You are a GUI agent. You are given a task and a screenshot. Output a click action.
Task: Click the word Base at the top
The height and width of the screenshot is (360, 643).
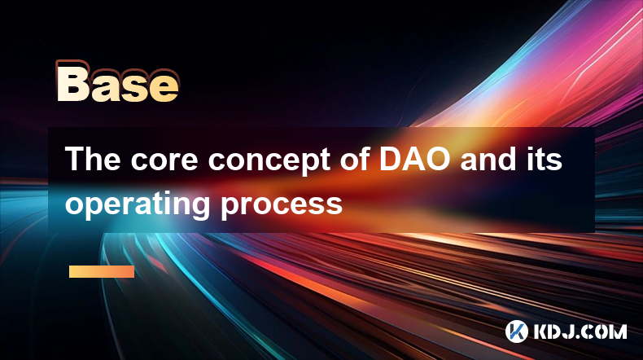point(118,82)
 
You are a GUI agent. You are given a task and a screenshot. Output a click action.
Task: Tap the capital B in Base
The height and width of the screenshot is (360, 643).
point(73,81)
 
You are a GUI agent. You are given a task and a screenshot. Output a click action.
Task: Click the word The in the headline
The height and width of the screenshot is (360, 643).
point(93,159)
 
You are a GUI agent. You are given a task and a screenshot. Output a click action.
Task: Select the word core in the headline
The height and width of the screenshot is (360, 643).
point(164,162)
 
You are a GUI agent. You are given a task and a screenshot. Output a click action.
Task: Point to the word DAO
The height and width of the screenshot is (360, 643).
point(415,159)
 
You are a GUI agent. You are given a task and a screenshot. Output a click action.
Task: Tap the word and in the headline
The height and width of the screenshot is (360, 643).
point(488,159)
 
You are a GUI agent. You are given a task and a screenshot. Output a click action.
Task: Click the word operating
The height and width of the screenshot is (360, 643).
point(138,204)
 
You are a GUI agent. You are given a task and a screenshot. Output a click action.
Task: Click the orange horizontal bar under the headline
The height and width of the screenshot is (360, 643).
point(102,271)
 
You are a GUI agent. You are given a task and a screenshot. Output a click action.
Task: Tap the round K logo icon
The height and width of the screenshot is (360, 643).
point(516,331)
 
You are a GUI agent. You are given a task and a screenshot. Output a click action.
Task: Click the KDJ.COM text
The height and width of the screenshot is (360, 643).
point(580,331)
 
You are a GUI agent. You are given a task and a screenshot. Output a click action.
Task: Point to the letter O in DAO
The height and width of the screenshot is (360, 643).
point(439,159)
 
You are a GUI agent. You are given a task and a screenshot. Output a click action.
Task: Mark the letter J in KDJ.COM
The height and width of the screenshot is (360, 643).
point(571,331)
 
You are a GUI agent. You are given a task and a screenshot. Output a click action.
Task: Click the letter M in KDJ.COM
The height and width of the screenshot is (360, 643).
point(618,331)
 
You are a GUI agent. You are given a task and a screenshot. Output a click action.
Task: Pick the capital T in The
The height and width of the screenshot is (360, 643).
point(74,159)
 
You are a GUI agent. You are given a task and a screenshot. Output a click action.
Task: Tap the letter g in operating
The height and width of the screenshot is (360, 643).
point(201,209)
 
